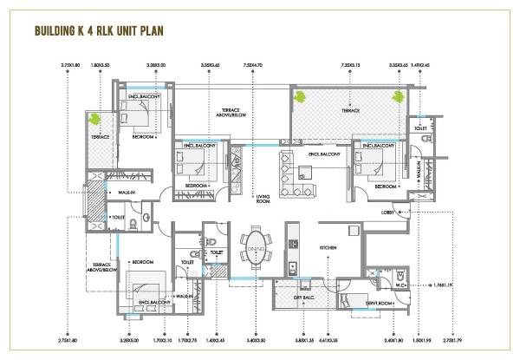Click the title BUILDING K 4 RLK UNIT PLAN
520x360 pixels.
(101, 32)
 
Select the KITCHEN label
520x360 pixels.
(329, 248)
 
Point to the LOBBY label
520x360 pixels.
(389, 213)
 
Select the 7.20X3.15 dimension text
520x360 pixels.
(352, 64)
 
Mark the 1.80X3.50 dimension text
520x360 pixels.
(101, 64)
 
